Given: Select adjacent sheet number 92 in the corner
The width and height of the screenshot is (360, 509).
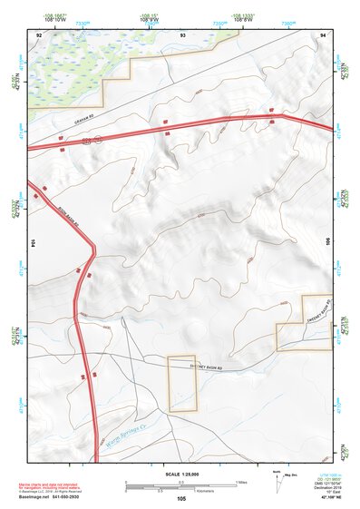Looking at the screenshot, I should [39, 33].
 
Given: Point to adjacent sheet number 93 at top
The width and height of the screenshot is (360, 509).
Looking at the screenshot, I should [182, 33].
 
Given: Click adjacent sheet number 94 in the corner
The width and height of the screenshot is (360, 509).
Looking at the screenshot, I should [324, 33].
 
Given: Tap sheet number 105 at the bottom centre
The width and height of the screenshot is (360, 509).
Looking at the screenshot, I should [181, 499].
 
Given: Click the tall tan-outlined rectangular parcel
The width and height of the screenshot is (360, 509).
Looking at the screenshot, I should [182, 384].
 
